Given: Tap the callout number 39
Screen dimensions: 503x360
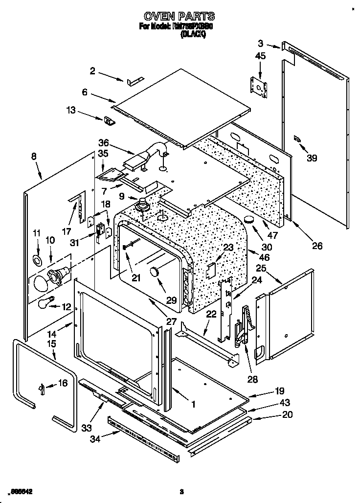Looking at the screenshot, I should click(x=311, y=158).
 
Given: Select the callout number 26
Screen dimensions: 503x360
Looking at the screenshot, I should click(x=317, y=246).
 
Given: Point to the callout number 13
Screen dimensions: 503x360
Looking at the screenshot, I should click(x=71, y=111).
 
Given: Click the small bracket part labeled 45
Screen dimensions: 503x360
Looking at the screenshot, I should click(x=259, y=87).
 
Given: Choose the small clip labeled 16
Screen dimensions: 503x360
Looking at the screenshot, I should click(x=42, y=388).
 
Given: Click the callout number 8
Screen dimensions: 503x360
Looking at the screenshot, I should click(x=33, y=157).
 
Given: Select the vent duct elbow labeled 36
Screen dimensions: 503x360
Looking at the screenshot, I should click(x=147, y=157).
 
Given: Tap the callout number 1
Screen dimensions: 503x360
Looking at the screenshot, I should click(x=193, y=404).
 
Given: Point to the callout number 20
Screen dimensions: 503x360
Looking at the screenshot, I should click(x=288, y=414).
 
